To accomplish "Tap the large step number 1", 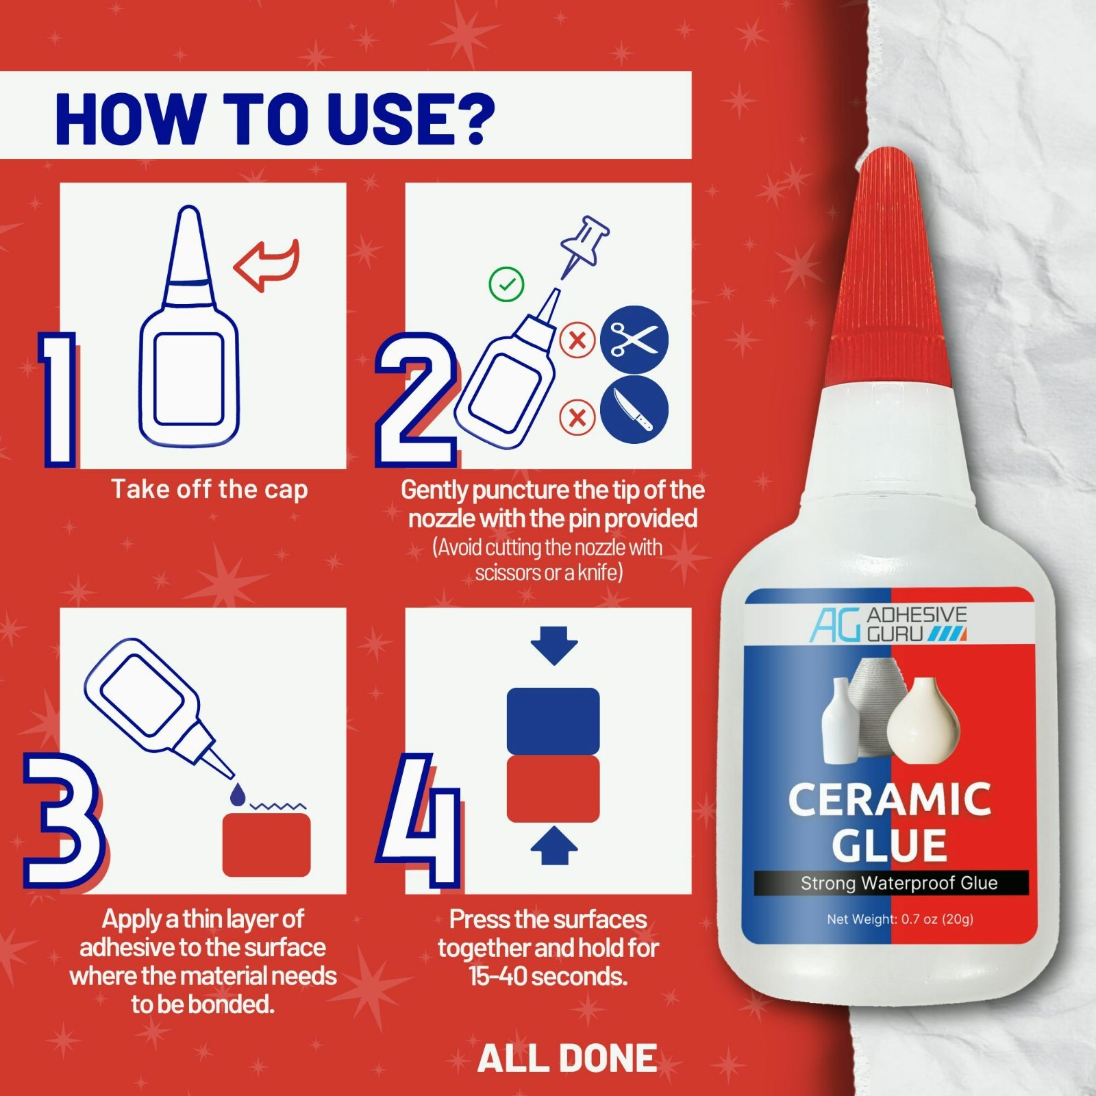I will [x=58, y=401].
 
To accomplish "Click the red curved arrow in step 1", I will [x=267, y=264].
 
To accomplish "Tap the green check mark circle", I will [x=506, y=284].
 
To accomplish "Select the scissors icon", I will [x=634, y=340].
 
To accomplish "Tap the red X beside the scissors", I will [x=577, y=340].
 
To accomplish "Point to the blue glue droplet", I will [x=238, y=795].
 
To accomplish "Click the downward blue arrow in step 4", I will [x=553, y=645].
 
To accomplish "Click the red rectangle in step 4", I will [x=553, y=789].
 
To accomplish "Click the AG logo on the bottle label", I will [x=835, y=625].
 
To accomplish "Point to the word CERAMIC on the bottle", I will [x=889, y=799].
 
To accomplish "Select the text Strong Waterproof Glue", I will [x=899, y=883].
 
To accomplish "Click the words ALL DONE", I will [x=567, y=1058].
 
